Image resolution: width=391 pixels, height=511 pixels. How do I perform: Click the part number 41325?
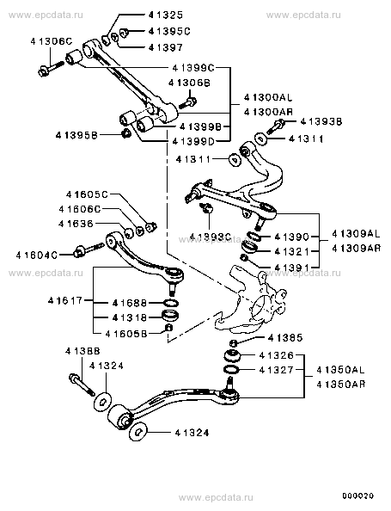(x=166, y=15)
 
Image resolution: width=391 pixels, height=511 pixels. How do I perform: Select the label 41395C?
(x=169, y=31)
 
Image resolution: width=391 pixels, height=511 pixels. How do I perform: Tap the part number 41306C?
(x=52, y=41)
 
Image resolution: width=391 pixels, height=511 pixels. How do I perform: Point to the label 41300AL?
(x=268, y=97)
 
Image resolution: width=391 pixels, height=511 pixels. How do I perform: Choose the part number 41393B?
(x=321, y=121)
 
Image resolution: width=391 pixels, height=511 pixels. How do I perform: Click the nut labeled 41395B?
(x=125, y=133)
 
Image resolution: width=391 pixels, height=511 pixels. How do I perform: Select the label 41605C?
(x=87, y=194)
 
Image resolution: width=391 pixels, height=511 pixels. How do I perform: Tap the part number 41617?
(x=66, y=300)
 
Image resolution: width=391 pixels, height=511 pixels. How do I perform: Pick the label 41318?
(x=130, y=317)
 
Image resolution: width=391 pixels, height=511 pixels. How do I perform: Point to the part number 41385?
(x=285, y=338)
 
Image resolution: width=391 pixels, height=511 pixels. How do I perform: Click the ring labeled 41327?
(x=231, y=370)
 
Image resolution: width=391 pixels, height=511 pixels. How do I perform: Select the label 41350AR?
(x=341, y=385)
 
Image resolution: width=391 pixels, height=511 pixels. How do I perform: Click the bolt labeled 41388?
(x=82, y=385)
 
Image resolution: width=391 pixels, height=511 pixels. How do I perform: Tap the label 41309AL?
(x=356, y=234)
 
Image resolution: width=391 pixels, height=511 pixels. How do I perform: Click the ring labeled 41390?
(x=254, y=236)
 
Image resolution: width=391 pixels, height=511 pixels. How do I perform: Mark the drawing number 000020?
(x=357, y=496)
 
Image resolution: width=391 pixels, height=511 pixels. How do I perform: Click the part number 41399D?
(x=193, y=141)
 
